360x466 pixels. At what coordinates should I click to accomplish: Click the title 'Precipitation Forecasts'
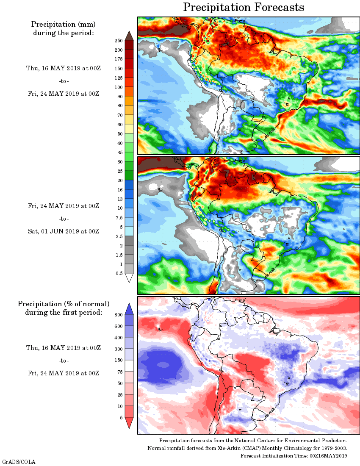244,7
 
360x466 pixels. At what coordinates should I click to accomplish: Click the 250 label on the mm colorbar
118,41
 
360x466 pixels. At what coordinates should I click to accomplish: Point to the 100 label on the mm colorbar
118,87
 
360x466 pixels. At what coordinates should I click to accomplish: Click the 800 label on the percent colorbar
118,315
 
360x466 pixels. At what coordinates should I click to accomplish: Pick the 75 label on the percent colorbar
119,372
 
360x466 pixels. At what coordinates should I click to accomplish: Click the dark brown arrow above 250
130,36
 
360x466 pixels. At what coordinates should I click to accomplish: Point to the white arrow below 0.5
130,278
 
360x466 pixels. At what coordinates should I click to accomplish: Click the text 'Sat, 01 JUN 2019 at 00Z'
64,231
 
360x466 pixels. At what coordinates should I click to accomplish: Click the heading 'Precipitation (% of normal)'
64,304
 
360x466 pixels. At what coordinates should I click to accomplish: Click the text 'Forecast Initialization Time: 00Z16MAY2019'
294,456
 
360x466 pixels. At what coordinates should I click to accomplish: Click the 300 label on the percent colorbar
118,349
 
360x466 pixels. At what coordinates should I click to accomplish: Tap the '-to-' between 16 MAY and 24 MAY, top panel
64,81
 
